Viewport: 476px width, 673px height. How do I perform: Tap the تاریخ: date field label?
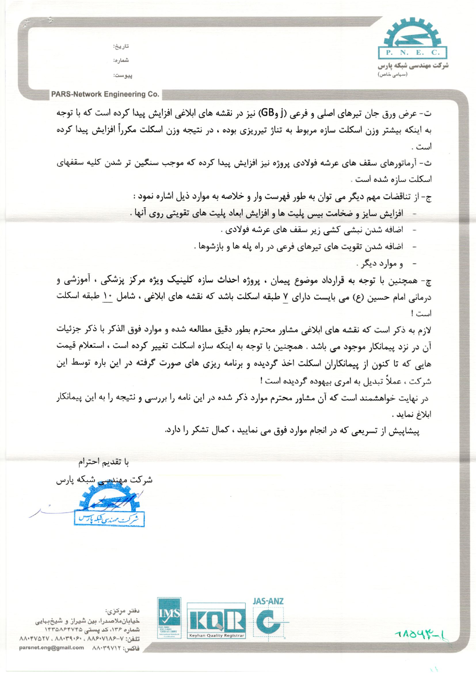click(121, 46)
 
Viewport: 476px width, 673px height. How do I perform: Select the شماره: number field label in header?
click(121, 61)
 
